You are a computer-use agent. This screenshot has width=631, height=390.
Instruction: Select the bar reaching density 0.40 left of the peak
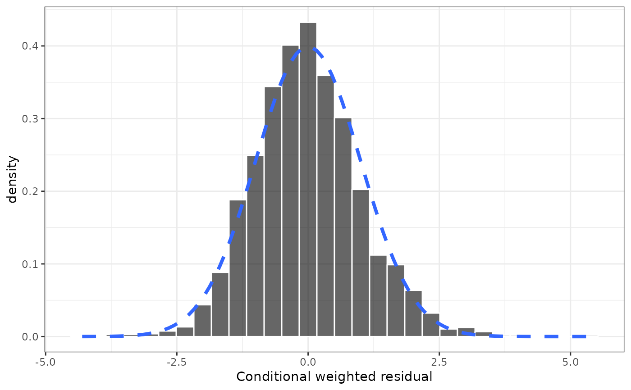[x=290, y=191]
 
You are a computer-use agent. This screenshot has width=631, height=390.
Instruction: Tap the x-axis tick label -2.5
[x=176, y=362]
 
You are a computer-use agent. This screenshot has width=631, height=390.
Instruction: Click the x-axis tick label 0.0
[x=308, y=362]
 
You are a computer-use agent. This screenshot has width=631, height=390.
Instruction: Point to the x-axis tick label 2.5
[x=439, y=362]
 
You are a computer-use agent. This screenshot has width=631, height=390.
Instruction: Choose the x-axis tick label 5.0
[x=571, y=362]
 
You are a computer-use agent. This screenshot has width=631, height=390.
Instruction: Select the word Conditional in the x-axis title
[x=269, y=376]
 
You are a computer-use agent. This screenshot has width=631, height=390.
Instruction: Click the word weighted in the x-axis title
[x=343, y=376]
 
